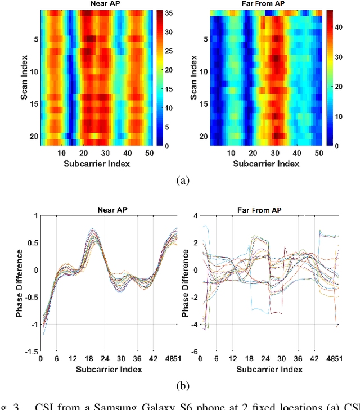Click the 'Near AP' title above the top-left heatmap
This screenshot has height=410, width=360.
(96, 4)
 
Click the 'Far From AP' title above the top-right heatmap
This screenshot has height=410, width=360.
(266, 4)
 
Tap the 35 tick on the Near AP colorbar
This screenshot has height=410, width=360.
(168, 12)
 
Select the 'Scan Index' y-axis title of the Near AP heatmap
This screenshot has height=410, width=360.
(25, 78)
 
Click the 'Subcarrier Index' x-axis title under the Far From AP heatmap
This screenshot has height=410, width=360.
(266, 164)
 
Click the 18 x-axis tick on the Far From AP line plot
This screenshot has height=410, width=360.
(249, 359)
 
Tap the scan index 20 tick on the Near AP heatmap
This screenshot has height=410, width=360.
(33, 137)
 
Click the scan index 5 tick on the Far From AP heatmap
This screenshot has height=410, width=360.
(205, 39)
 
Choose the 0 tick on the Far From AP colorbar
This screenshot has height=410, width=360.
(336, 146)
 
